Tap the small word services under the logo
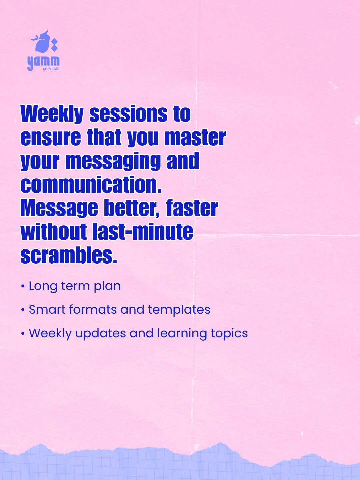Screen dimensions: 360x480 [x=51, y=69]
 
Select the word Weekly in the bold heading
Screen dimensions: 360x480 [x=52, y=114]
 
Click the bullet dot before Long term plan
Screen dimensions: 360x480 [x=23, y=286]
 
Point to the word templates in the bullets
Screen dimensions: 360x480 [x=179, y=310]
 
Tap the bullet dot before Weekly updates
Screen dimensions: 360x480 [x=23, y=334]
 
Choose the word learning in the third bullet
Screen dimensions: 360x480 [x=182, y=334]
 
